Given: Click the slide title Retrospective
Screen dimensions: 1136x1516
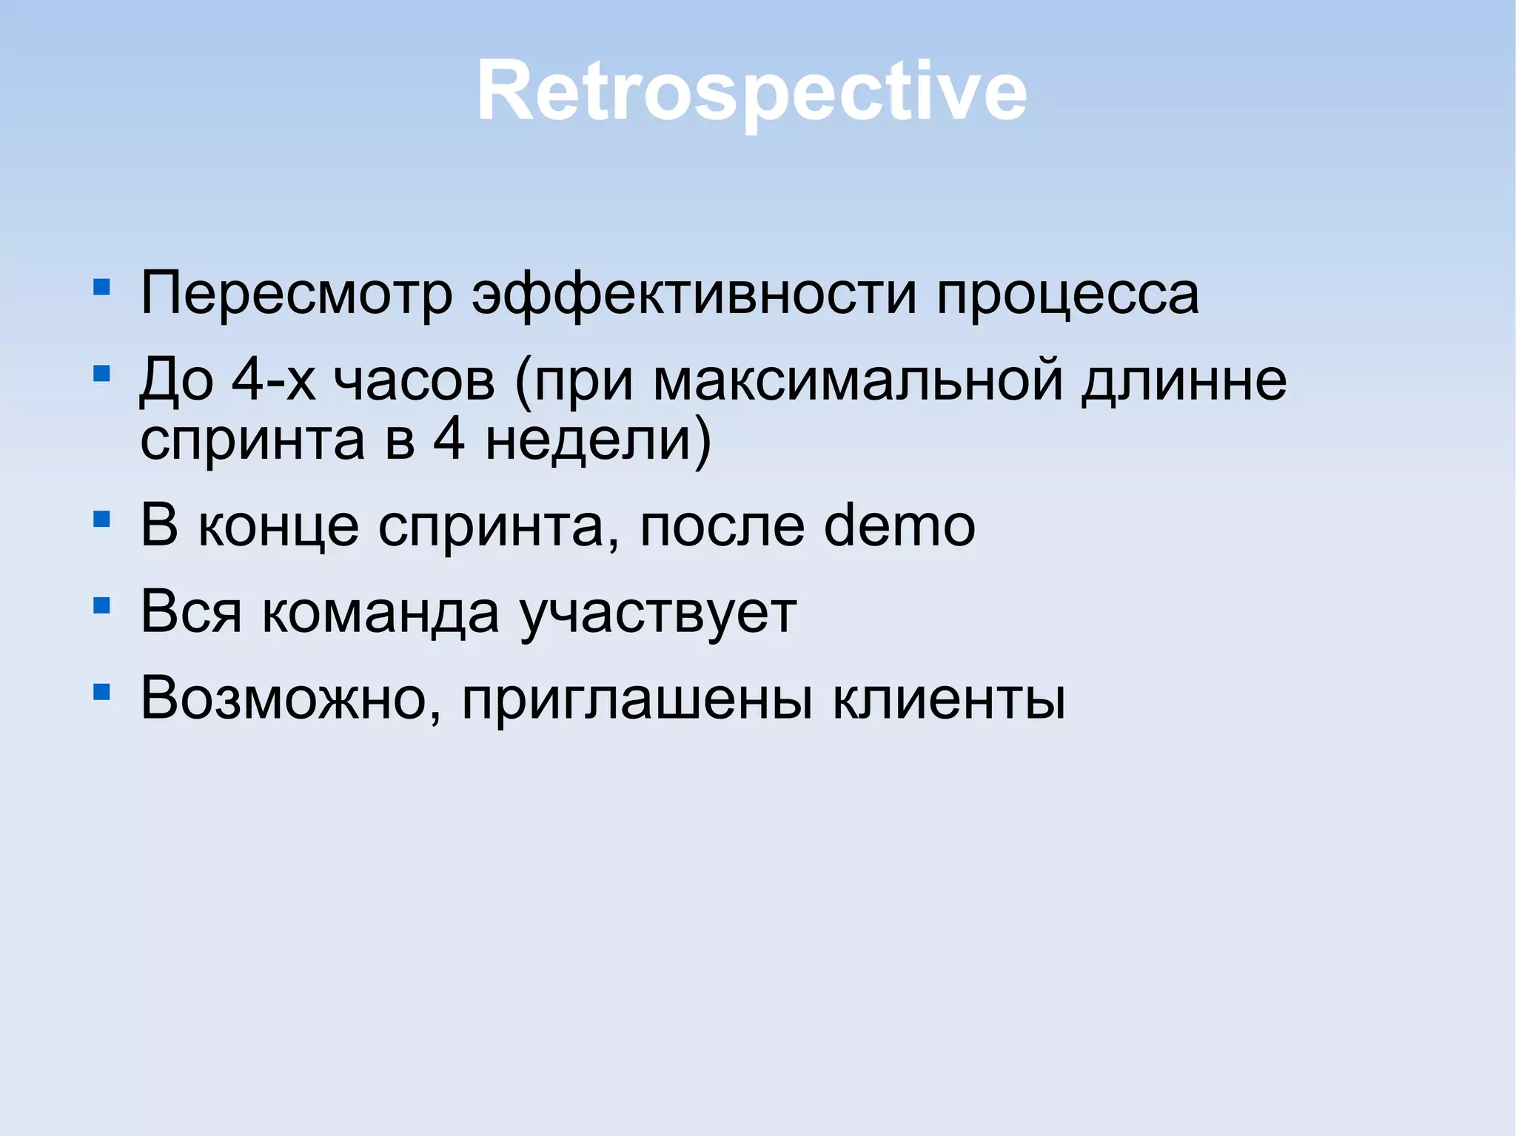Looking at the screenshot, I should point(751,91).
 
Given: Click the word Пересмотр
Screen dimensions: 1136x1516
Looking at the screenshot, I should point(296,294).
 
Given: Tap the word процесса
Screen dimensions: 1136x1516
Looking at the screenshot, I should point(1067,294).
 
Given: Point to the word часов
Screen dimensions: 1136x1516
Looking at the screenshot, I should point(414,380).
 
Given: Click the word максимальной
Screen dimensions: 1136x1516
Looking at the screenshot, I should point(858,380).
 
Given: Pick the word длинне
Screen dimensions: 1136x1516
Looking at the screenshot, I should point(1183,380).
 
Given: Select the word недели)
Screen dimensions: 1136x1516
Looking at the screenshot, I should point(598,440).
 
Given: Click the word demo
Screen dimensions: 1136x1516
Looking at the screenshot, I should point(899,525).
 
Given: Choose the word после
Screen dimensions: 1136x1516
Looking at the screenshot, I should point(721,525).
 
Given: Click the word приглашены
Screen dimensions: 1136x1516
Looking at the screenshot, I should point(637,700).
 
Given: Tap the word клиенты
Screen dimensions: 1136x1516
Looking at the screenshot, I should point(949,699).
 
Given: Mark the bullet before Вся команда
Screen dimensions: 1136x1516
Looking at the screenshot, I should point(102,606).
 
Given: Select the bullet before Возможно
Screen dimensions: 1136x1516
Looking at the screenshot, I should point(102,692).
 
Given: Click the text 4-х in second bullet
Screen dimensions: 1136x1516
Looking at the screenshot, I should point(273,380).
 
